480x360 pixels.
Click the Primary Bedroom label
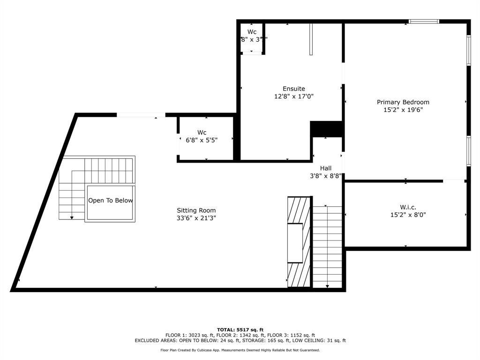403,102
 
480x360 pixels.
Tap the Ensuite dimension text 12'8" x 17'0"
293,97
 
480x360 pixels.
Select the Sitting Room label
196,210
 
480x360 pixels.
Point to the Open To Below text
110,201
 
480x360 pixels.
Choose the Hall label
325,168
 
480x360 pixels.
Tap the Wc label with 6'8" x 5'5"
202,133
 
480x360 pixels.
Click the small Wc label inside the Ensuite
252,32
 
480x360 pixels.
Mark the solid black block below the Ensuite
327,129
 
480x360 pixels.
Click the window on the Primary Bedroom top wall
424,21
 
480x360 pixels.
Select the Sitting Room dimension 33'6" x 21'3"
196,218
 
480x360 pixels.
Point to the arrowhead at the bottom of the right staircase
327,285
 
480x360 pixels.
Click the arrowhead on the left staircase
72,217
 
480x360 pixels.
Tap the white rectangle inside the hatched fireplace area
295,243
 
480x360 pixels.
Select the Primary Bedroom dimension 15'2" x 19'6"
403,110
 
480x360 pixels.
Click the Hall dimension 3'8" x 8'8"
325,176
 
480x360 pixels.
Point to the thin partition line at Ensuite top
310,39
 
